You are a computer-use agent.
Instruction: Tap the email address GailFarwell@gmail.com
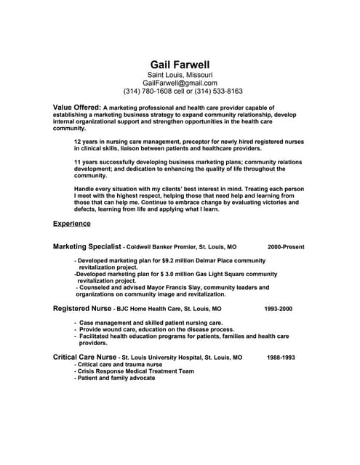[180, 83]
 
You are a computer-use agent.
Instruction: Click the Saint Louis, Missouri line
[180, 74]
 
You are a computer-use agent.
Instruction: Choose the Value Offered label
[77, 106]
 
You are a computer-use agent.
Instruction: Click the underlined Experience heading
[72, 223]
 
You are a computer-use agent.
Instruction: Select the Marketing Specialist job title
[87, 246]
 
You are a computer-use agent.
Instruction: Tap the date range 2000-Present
[286, 247]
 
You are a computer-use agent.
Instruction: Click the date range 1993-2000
[278, 309]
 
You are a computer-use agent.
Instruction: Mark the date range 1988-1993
[281, 358]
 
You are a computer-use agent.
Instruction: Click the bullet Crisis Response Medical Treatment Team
[135, 371]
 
